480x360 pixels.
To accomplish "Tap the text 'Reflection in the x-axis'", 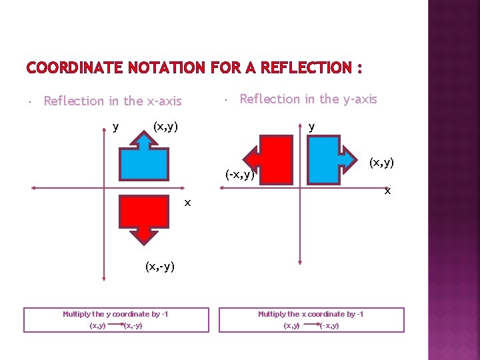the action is coord(112,101).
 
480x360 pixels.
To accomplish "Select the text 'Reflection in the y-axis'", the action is coord(308,99).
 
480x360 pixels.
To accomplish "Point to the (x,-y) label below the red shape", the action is coord(160,267).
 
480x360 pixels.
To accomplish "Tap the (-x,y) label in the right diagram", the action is coord(240,175).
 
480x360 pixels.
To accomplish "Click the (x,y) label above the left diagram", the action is coord(165,126).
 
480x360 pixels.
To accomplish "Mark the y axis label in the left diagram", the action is coord(116,126).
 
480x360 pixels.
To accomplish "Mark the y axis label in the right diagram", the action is coord(312,126).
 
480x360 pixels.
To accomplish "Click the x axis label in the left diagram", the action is coord(188,202).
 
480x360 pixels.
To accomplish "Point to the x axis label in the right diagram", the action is coord(386,191).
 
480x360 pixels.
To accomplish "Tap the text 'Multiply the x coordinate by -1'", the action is coord(311,314).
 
